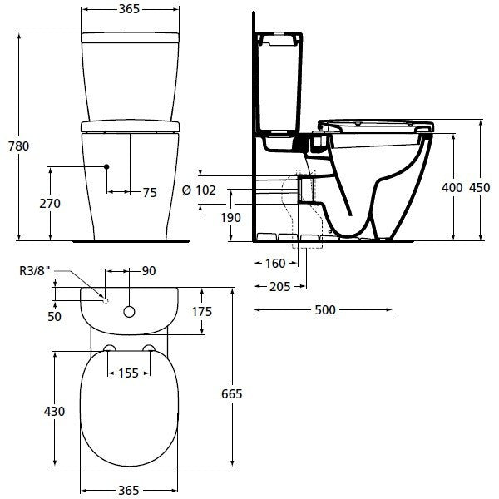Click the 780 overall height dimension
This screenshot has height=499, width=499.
[x=18, y=146]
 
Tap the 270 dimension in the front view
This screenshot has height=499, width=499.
[x=50, y=204]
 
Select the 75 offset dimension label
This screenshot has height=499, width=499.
[x=150, y=193]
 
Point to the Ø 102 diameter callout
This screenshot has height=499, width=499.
[x=199, y=190]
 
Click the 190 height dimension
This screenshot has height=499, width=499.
[x=230, y=218]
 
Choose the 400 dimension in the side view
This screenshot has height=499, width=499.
[x=452, y=188]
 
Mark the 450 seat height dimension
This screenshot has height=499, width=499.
[x=480, y=188]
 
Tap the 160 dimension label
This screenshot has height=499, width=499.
[x=275, y=264]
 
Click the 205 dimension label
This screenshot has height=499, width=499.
[x=280, y=287]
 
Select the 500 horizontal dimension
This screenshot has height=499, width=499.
[x=325, y=309]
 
